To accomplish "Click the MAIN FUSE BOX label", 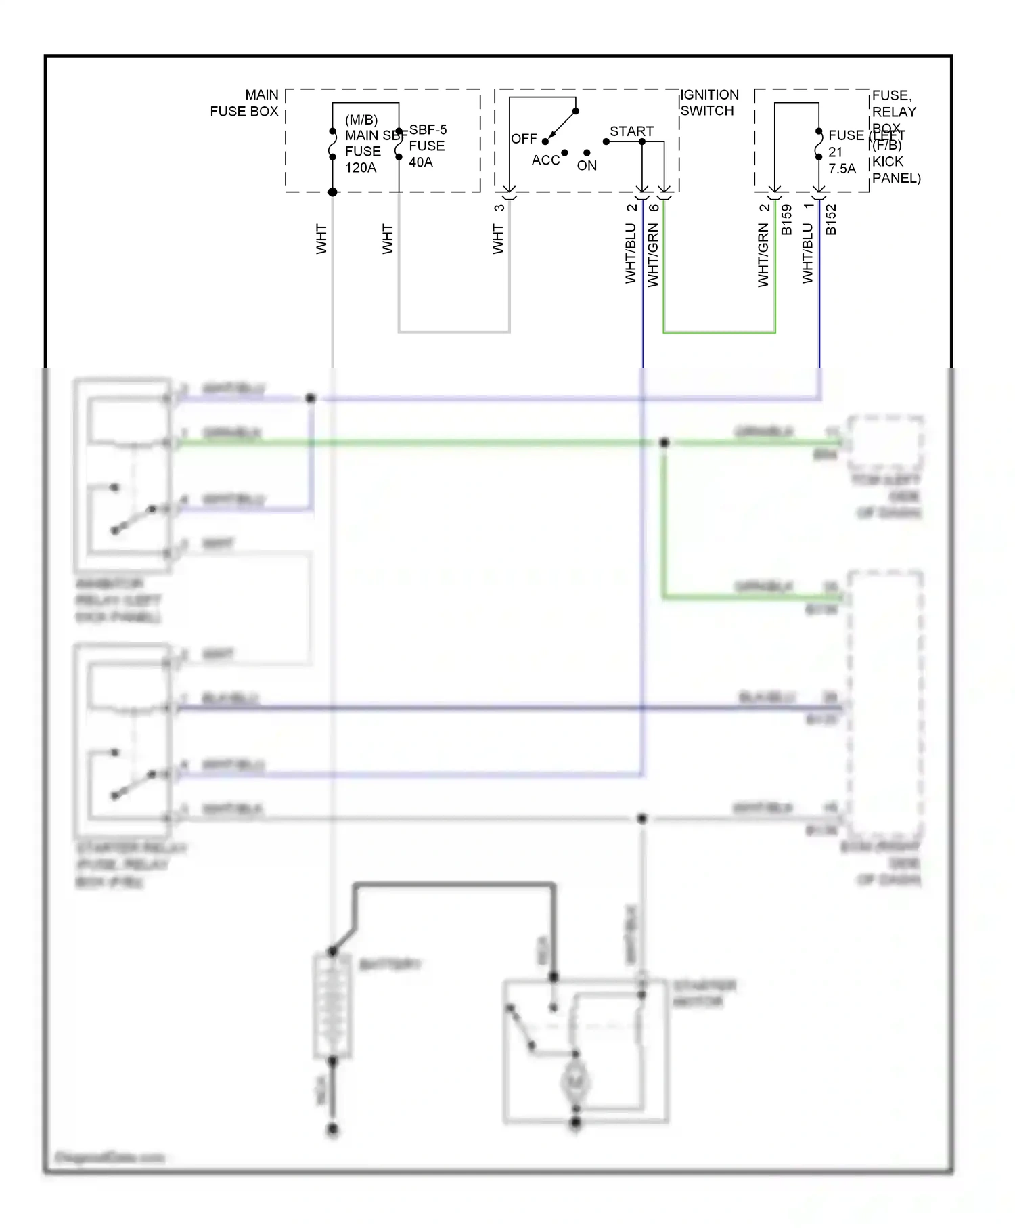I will [244, 103].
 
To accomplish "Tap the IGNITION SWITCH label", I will [708, 103].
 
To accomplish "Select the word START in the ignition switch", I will [631, 131].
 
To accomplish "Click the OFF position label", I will [524, 139].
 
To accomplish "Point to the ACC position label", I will [545, 160].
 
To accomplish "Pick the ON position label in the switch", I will [587, 165].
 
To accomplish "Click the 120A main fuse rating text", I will [361, 168].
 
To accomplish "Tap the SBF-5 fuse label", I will [428, 129].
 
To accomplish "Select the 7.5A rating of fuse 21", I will [842, 169].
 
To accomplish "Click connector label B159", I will [786, 220].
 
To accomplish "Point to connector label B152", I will [831, 220].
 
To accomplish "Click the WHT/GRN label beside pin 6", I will [653, 255].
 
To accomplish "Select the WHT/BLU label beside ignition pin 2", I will [631, 253].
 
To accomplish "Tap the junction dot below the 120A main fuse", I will [332, 192].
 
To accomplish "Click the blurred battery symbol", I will [332, 1005].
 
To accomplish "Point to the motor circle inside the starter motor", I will [576, 1082].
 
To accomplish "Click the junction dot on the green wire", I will [664, 442].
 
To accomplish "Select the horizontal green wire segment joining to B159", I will [719, 332].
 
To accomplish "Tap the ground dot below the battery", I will [332, 1129].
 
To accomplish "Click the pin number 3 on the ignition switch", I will [499, 208].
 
